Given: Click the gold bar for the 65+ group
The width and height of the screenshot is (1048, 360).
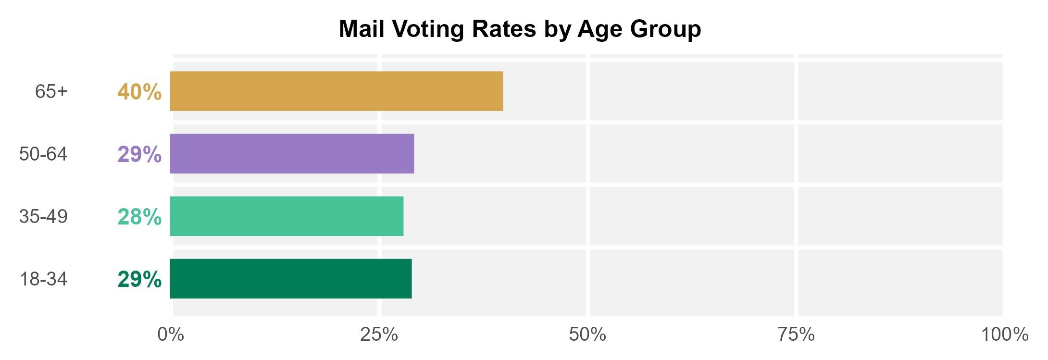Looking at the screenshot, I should [x=337, y=91].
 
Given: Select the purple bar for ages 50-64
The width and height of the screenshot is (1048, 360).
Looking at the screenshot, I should [x=292, y=154].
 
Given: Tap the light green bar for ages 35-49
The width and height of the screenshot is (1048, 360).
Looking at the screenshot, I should [x=287, y=216].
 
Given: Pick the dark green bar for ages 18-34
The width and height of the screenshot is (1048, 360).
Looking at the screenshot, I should [x=291, y=279].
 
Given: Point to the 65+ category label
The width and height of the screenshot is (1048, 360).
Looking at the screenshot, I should [x=51, y=91].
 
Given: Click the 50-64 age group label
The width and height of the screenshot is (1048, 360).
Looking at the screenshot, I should [x=43, y=154].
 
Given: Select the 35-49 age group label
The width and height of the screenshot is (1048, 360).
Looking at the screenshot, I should [x=43, y=216].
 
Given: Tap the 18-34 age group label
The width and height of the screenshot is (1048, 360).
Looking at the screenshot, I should [x=43, y=279].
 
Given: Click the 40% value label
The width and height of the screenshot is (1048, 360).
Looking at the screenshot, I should [x=139, y=92].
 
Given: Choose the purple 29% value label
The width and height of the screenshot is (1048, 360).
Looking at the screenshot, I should [x=139, y=154].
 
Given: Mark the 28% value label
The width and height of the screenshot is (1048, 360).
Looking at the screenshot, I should [x=139, y=217].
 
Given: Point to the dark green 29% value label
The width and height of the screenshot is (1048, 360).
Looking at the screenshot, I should [x=139, y=279].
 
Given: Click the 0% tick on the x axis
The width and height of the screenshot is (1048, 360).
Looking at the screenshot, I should [x=171, y=335].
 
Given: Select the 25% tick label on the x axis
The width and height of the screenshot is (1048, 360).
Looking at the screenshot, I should [x=379, y=335].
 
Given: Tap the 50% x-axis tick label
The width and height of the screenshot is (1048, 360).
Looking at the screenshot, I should [x=587, y=335].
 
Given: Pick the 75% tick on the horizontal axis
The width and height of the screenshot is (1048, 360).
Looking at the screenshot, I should [x=796, y=335].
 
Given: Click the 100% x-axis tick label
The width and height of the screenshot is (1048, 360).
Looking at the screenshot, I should [x=1004, y=335].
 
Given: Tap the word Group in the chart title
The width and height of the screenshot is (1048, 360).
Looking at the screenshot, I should [x=665, y=30].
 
